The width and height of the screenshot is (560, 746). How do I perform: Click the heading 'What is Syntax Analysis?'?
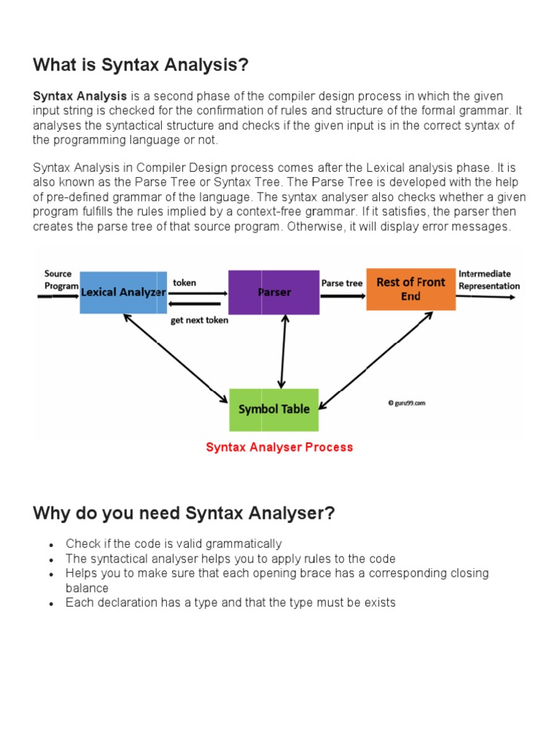pos(141,66)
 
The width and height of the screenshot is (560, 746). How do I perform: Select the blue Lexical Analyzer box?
pos(122,292)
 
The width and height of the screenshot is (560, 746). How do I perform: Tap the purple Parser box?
pos(273,292)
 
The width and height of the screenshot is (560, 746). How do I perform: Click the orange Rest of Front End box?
pos(411,289)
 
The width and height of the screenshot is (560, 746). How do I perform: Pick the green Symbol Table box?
pos(273,409)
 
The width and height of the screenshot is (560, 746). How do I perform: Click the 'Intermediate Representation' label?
pos(489,280)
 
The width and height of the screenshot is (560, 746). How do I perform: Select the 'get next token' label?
pos(199,320)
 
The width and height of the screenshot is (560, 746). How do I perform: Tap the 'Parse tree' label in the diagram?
pos(342,283)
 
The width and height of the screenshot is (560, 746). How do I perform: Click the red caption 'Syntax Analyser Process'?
pos(279,447)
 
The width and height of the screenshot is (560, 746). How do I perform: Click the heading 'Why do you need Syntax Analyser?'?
pos(184,514)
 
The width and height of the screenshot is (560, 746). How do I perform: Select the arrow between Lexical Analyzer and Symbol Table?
pos(175,358)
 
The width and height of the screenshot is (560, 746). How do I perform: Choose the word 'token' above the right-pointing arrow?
pos(184,283)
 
